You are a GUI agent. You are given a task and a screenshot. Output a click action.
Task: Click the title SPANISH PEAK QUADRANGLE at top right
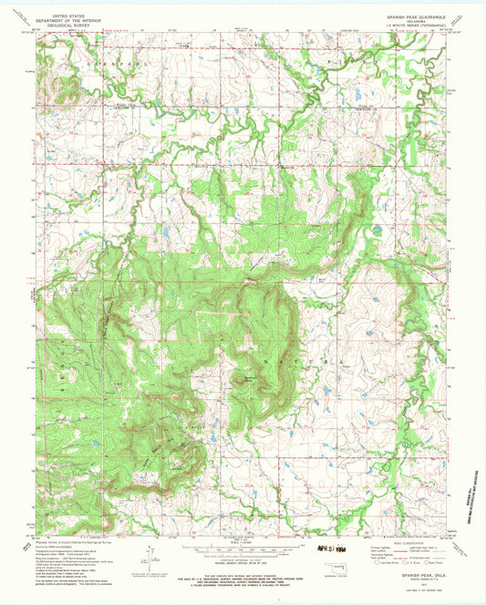click(x=400, y=15)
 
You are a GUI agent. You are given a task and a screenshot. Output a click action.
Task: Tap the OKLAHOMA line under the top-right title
click(x=400, y=20)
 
